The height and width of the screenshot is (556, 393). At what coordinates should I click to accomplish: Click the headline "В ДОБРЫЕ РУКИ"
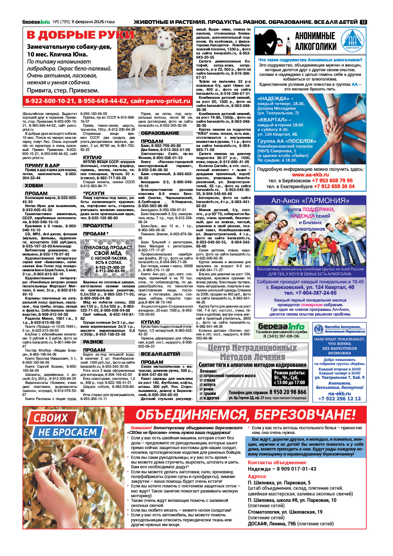point(80,35)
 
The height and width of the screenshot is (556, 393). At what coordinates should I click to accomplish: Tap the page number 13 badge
point(363,22)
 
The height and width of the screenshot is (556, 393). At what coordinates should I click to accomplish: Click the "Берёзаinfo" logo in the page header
point(36,22)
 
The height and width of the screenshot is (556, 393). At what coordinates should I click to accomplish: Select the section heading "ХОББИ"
point(34,186)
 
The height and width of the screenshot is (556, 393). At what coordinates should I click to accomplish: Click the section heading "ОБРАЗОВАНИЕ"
point(160,133)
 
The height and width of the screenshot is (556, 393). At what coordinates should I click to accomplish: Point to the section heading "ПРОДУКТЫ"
point(97,226)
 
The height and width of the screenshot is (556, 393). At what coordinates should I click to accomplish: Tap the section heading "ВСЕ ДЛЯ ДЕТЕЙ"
point(160,354)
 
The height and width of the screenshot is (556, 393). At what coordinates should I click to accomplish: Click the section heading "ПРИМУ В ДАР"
point(42,165)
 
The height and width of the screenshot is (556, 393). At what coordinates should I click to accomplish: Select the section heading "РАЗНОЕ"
point(93,342)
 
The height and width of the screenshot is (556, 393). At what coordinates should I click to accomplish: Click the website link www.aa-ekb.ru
point(310,175)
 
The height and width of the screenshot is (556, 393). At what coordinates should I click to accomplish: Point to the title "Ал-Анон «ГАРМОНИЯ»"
point(310,201)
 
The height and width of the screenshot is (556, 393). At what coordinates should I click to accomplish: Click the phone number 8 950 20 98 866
point(287,392)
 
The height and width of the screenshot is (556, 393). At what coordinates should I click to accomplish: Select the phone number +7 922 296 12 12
point(340,398)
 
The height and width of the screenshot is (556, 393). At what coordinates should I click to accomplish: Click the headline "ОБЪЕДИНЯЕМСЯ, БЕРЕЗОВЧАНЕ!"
point(245,415)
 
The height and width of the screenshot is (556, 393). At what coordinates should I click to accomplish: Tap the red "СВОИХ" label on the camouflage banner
point(51,418)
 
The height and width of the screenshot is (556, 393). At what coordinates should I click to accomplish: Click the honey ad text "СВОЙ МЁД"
point(108,253)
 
